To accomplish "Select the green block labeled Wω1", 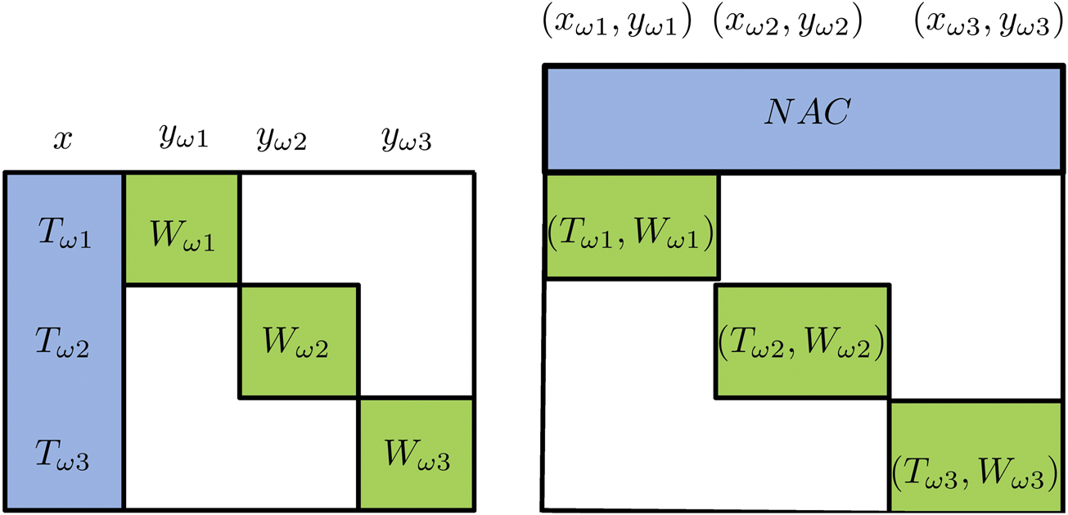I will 182,228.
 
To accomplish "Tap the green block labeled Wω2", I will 299,341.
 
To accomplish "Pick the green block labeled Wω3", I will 417,453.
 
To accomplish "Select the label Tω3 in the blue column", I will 63,457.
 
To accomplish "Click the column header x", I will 62,141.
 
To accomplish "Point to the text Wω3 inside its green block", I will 416,456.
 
